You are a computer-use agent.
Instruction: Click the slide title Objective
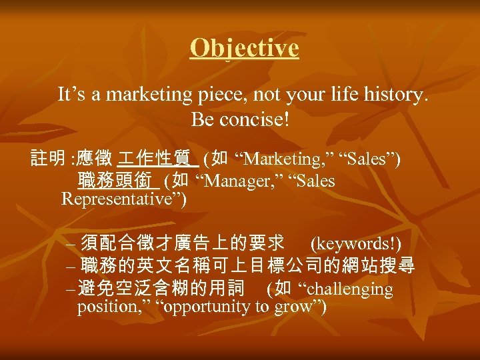244,48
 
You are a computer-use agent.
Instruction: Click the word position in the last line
113,307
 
